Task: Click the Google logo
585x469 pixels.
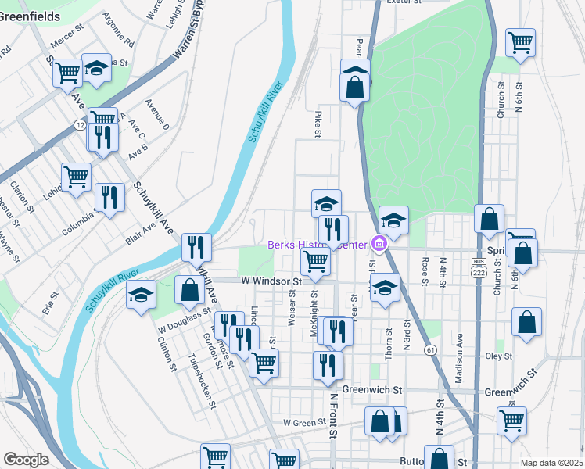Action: pyautogui.click(x=26, y=460)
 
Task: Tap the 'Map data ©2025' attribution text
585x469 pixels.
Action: pyautogui.click(x=552, y=463)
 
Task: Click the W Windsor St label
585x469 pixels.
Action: pyautogui.click(x=271, y=280)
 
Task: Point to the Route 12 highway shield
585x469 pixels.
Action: pyautogui.click(x=80, y=125)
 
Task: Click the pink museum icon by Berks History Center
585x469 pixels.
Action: pyautogui.click(x=379, y=245)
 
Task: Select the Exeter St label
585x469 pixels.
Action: pyautogui.click(x=404, y=2)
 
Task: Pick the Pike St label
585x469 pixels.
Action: pyautogui.click(x=318, y=124)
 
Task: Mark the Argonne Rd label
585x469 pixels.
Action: pyautogui.click(x=124, y=28)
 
